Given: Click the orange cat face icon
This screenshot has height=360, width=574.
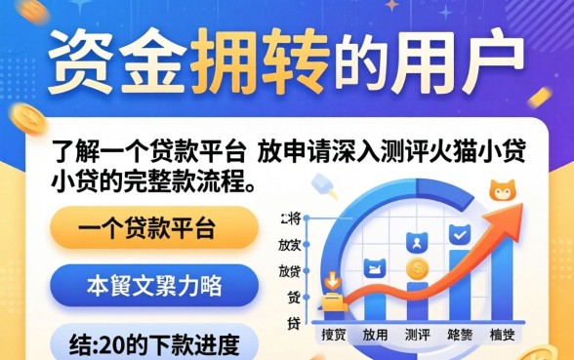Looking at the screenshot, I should click(x=503, y=190).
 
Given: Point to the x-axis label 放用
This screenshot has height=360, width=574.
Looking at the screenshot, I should click(x=375, y=335).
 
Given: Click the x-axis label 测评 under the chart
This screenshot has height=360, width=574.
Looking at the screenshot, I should click(x=418, y=335).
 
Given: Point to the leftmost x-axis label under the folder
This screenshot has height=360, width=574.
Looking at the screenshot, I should click(x=334, y=335).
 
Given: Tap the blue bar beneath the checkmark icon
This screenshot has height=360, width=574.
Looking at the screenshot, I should click(x=459, y=288).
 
